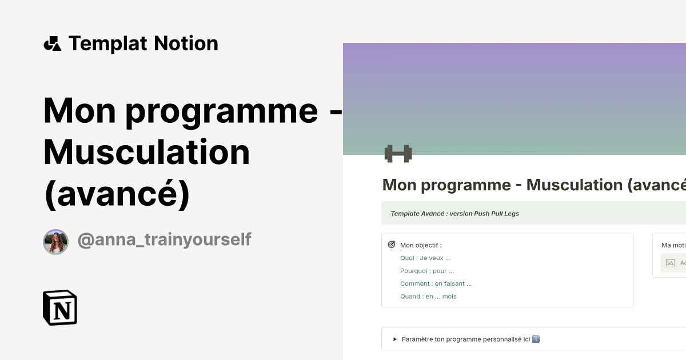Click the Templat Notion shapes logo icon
click(52, 43)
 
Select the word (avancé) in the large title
click(117, 194)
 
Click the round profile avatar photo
click(56, 242)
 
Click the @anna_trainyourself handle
click(164, 239)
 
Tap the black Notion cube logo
click(60, 307)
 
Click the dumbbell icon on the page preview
click(398, 154)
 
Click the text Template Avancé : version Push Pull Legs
click(454, 214)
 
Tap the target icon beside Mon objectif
click(392, 245)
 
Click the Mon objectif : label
click(421, 245)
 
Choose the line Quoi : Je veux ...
click(425, 258)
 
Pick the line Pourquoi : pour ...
click(427, 271)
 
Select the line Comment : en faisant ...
click(436, 283)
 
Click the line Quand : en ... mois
click(428, 297)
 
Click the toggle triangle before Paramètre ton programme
click(395, 339)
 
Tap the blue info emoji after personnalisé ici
click(536, 339)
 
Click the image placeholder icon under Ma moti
click(671, 263)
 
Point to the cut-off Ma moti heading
click(673, 245)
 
